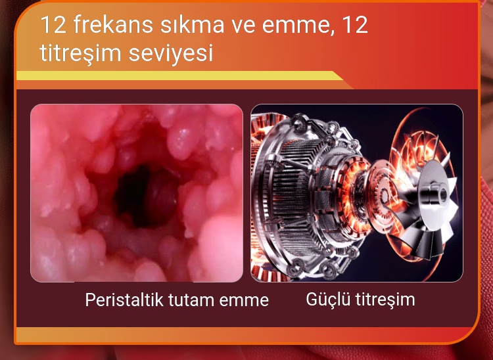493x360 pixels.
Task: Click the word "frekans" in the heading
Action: [x=113, y=25]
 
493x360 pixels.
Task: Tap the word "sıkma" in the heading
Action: [x=192, y=25]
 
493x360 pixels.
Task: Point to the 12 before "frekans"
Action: [x=53, y=25]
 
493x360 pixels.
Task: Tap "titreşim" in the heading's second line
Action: [x=80, y=53]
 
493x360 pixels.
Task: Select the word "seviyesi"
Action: [x=171, y=53]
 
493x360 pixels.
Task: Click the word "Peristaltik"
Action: [x=124, y=300]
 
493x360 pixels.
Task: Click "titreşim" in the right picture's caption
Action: [x=385, y=300]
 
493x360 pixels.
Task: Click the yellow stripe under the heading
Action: [x=180, y=76]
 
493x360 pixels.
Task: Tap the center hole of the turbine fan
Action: [x=443, y=195]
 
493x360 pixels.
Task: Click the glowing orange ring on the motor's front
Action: [x=355, y=195]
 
